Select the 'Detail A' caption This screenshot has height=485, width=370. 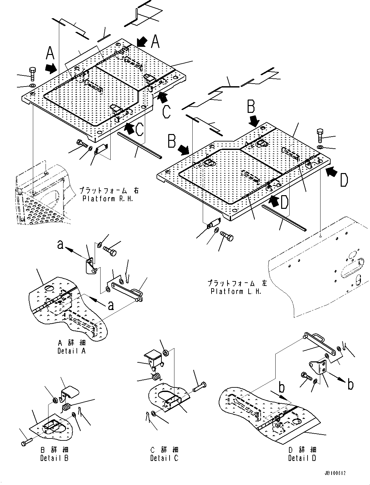[72, 351]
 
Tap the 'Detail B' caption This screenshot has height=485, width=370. [54, 458]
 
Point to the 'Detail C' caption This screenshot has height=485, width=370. [164, 458]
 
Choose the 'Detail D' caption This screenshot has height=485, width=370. [302, 458]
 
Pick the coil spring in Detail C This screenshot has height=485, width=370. [157, 377]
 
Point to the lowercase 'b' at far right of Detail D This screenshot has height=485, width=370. [350, 385]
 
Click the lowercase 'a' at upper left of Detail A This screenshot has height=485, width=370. [60, 244]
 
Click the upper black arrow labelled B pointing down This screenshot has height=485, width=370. [254, 121]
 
